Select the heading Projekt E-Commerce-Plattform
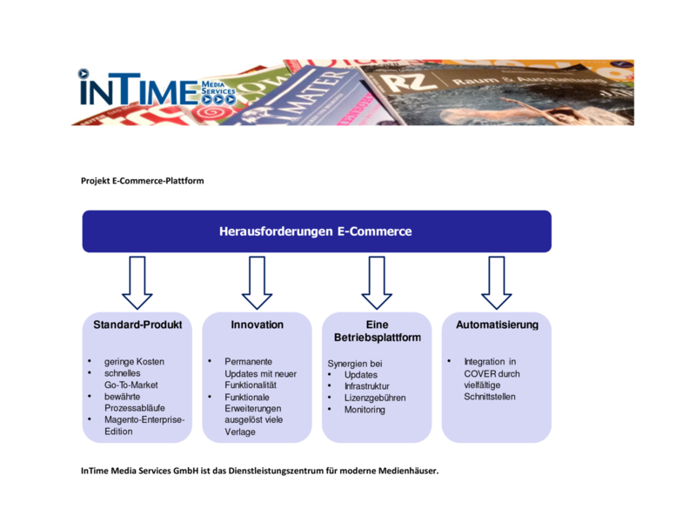coord(143,181)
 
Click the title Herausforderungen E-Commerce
coord(316,231)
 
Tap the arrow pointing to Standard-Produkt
coord(137,282)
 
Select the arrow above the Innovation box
coord(258,282)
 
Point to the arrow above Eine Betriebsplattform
coord(377,282)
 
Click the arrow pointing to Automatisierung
coord(497,282)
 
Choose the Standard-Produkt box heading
coord(137,325)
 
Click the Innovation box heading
coord(258,325)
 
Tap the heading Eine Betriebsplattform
coord(377,331)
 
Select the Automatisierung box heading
coord(497,325)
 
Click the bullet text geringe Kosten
coord(134,361)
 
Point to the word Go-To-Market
coord(131,384)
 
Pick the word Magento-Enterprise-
coord(144,419)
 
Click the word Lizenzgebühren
coord(375,398)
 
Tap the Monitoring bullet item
coord(365,410)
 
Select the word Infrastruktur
coord(367,386)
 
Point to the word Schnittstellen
coord(490,398)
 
